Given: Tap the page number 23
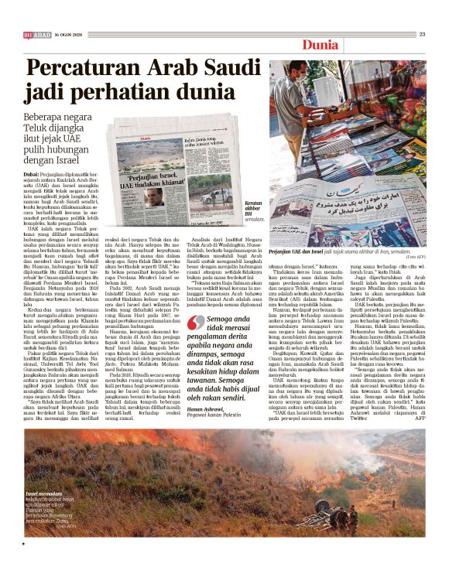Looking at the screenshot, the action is tap(422, 33).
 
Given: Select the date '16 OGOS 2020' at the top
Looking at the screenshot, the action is tap(68, 34).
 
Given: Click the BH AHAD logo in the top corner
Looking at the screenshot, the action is tap(36, 34).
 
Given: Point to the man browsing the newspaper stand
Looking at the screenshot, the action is tap(331, 101).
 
